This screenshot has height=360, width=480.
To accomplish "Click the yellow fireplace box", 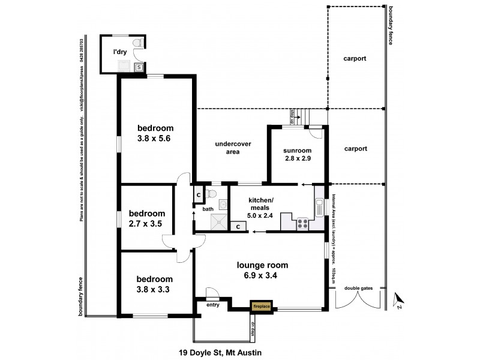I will tap(261, 306).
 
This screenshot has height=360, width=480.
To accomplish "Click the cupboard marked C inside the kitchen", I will tap(238, 227).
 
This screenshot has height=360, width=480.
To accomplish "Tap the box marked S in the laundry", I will tap(139, 67).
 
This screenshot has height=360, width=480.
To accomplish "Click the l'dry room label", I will tap(122, 52).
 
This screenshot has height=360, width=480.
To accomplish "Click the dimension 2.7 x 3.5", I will tap(146, 224).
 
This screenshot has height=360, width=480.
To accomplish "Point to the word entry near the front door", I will tap(212, 305).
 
